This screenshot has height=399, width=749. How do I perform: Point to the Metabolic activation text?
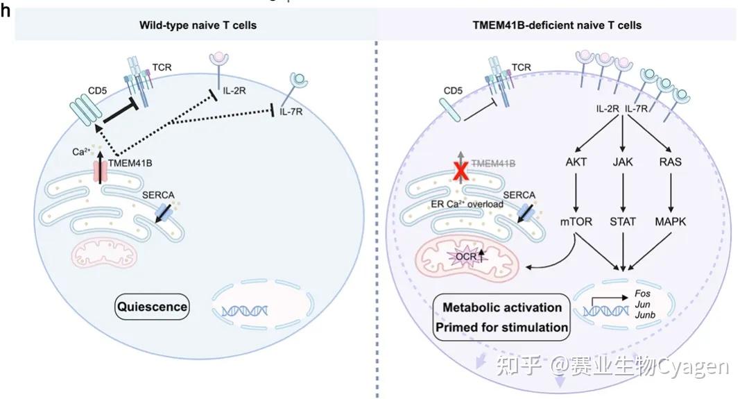coord(501,307)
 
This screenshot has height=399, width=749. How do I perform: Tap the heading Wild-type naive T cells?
coord(189,26)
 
